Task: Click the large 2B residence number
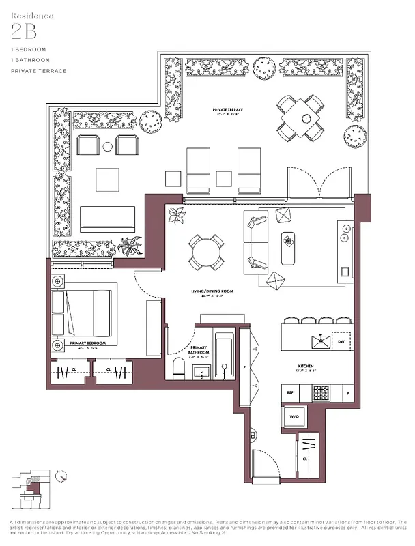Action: click(x=23, y=31)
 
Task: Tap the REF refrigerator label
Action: click(x=289, y=393)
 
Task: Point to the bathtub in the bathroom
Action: click(x=224, y=355)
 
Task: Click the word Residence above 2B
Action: click(x=31, y=14)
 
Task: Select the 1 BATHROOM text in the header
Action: click(x=30, y=60)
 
